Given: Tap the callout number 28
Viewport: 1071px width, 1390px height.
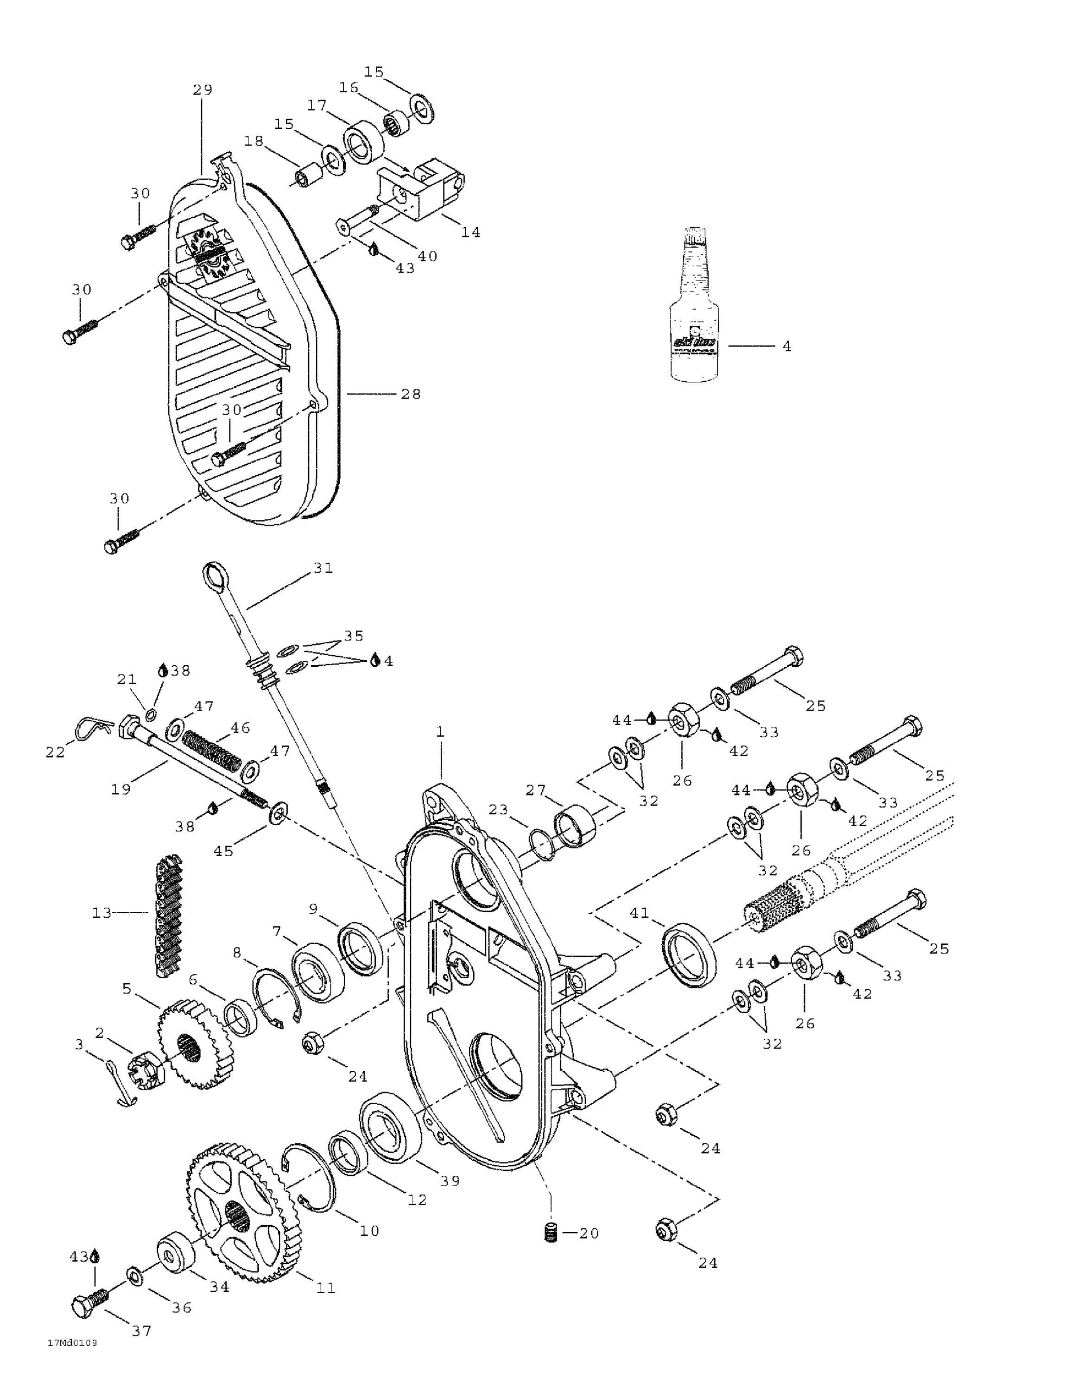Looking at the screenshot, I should pyautogui.click(x=411, y=394).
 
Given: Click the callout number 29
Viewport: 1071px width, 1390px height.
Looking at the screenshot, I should pyautogui.click(x=203, y=90).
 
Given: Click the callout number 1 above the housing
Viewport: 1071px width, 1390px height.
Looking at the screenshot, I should pyautogui.click(x=439, y=732).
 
